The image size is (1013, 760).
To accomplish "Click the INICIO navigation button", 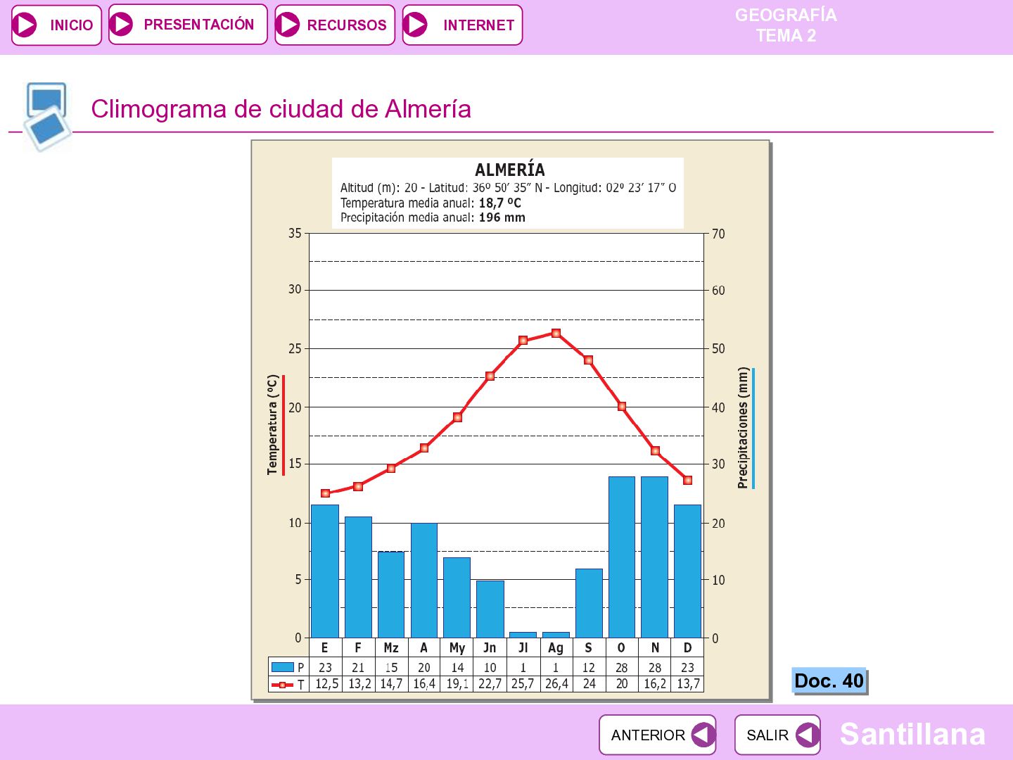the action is pos(56,25).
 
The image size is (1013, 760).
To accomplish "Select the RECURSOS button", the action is pos(335,25).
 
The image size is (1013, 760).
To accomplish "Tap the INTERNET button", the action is pos(462,25).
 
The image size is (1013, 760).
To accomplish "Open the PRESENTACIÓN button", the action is pos(188,25).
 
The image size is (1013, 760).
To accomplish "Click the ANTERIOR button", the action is pos(657,735).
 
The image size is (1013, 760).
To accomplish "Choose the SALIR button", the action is pos(777,735).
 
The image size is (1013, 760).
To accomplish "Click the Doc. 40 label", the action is pos(829,680).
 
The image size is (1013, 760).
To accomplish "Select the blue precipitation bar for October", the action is pos(622,557).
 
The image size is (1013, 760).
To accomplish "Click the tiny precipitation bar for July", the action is pos(523,635).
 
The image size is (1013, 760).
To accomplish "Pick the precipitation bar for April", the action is pos(424,581).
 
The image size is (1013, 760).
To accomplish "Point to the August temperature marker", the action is pos(556,333).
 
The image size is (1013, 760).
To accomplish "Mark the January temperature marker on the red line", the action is pos(326,493).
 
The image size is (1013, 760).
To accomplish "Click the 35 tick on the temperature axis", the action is pos(295,234).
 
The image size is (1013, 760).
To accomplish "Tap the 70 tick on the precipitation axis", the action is pos(718,234).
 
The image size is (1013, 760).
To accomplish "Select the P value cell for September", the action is pos(588,667).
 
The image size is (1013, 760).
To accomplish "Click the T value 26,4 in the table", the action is pos(556,684).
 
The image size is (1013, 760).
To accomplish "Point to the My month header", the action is pos(457,648).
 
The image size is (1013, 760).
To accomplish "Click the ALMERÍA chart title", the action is pos(509,170).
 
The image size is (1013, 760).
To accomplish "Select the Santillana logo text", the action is pos(912,734).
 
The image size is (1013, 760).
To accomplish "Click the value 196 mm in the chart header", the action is pos(502,217).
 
